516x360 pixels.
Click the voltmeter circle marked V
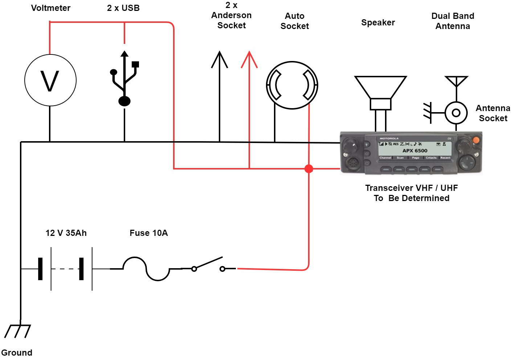(50, 80)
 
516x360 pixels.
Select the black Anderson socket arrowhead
(220, 60)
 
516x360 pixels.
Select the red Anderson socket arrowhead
(249, 60)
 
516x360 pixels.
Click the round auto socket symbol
(292, 85)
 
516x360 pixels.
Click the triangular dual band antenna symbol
(456, 81)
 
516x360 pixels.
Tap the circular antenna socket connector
(456, 113)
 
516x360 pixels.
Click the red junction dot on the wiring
(309, 169)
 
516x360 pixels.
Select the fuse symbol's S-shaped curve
(146, 269)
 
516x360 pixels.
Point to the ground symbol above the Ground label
(17, 331)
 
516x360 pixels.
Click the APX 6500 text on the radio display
(415, 151)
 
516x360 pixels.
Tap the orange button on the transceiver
(476, 140)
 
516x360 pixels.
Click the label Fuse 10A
(148, 233)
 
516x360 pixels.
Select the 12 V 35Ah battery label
(66, 233)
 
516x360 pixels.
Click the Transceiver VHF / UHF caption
(411, 188)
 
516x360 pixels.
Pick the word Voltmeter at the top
(51, 8)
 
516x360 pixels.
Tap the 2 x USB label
(123, 8)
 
